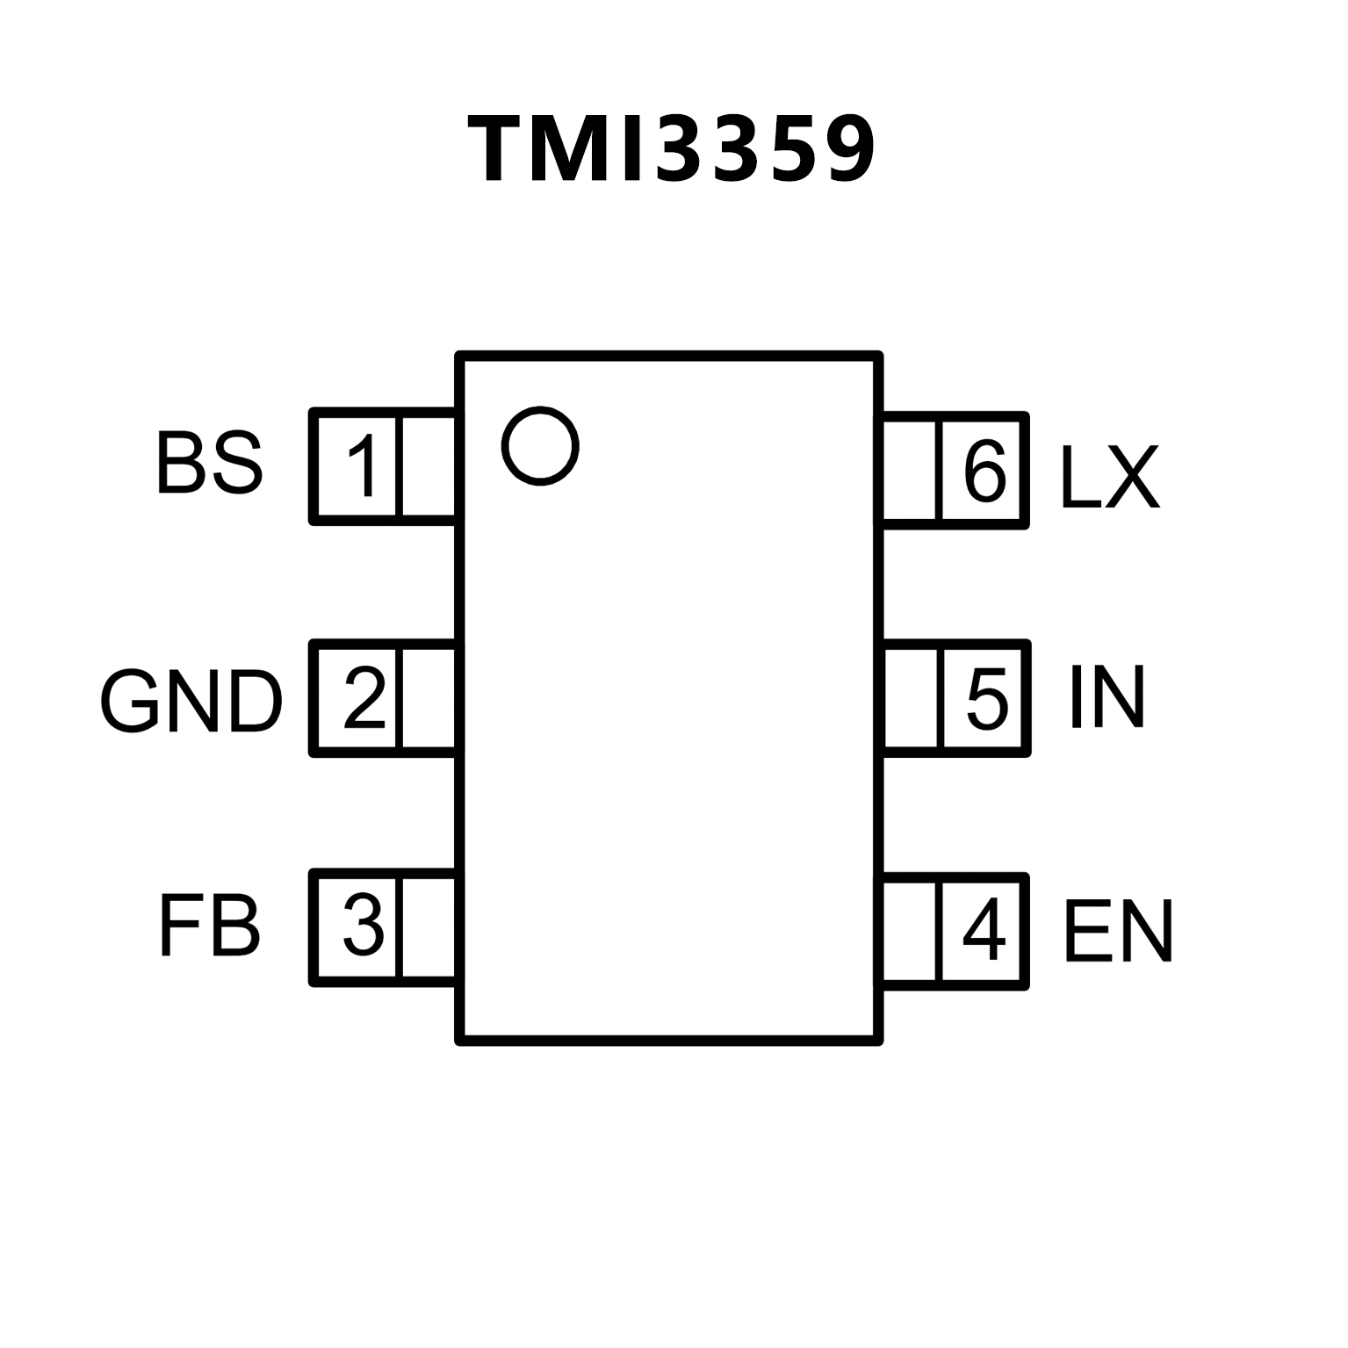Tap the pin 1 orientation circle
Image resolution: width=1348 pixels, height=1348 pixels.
pos(540,445)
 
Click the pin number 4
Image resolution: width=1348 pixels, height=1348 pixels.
pos(984,929)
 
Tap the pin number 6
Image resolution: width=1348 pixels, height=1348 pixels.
pos(984,470)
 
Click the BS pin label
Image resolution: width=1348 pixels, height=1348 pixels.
pos(209,463)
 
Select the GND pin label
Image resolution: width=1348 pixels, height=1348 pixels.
pos(191,703)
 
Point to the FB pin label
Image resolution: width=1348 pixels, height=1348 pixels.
pos(209,926)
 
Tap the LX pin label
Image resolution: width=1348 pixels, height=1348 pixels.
pos(1110,476)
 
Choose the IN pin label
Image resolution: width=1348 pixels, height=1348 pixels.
pos(1107,698)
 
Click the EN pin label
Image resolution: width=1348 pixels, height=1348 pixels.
pos(1118,931)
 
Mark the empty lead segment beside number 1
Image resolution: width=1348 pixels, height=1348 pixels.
pos(429,466)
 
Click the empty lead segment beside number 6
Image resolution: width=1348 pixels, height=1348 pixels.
pos(910,470)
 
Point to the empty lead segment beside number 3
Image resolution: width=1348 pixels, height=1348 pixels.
pos(429,928)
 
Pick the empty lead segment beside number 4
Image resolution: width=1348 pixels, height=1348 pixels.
pos(911,931)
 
